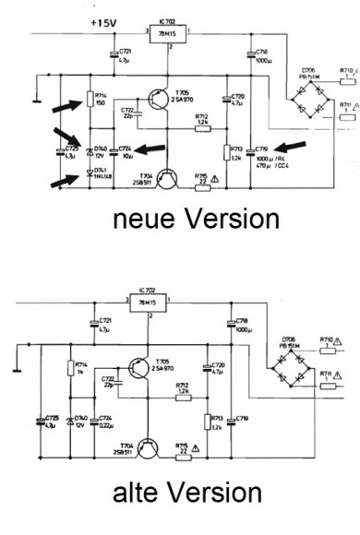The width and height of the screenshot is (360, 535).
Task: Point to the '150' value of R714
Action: tap(99, 105)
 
